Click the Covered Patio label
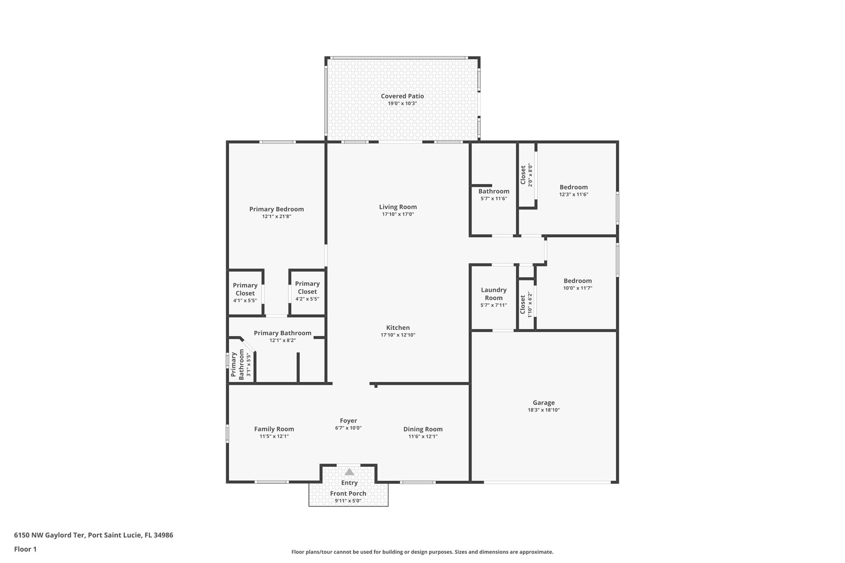[402, 96]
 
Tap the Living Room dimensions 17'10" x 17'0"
[398, 214]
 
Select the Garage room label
[543, 403]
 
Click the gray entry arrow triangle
[349, 472]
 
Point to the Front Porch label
[348, 493]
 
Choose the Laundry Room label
[493, 294]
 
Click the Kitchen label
[398, 327]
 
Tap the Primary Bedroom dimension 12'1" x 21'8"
[276, 217]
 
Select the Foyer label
[348, 421]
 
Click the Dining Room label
[422, 429]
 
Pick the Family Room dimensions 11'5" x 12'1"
[274, 436]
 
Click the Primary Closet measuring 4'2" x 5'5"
[307, 288]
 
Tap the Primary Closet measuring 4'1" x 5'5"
[245, 290]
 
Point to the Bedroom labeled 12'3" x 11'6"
[574, 187]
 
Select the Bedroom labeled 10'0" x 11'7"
[577, 281]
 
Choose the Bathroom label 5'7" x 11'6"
[493, 191]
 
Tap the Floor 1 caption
[25, 549]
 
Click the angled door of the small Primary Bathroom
[248, 345]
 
